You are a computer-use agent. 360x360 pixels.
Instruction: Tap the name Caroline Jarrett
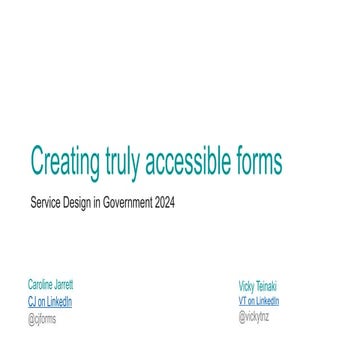pyautogui.click(x=50, y=284)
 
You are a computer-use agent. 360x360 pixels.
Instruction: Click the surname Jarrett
pyautogui.click(x=62, y=284)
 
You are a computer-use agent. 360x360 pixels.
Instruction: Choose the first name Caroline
pyautogui.click(x=41, y=284)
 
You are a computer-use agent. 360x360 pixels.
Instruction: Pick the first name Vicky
pyautogui.click(x=245, y=284)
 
